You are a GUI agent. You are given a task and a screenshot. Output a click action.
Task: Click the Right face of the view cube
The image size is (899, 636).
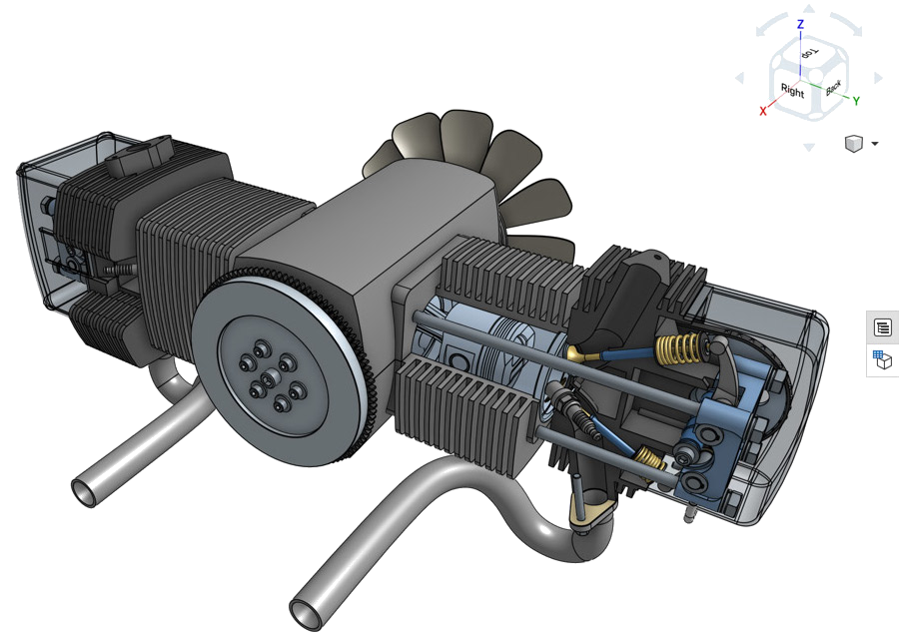click(792, 91)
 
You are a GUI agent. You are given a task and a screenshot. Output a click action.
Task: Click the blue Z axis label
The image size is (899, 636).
click(800, 24)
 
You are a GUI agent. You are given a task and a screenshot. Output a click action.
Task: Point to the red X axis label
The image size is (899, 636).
click(763, 111)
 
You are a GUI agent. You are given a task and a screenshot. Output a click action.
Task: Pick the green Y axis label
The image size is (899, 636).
click(856, 101)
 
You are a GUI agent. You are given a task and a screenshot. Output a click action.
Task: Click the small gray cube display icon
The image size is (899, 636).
click(854, 143)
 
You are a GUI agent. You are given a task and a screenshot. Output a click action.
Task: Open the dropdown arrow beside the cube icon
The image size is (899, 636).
click(874, 143)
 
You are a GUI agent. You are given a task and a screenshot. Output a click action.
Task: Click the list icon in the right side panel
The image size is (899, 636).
click(883, 327)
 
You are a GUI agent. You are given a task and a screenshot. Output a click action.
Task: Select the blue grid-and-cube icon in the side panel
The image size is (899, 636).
click(882, 359)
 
